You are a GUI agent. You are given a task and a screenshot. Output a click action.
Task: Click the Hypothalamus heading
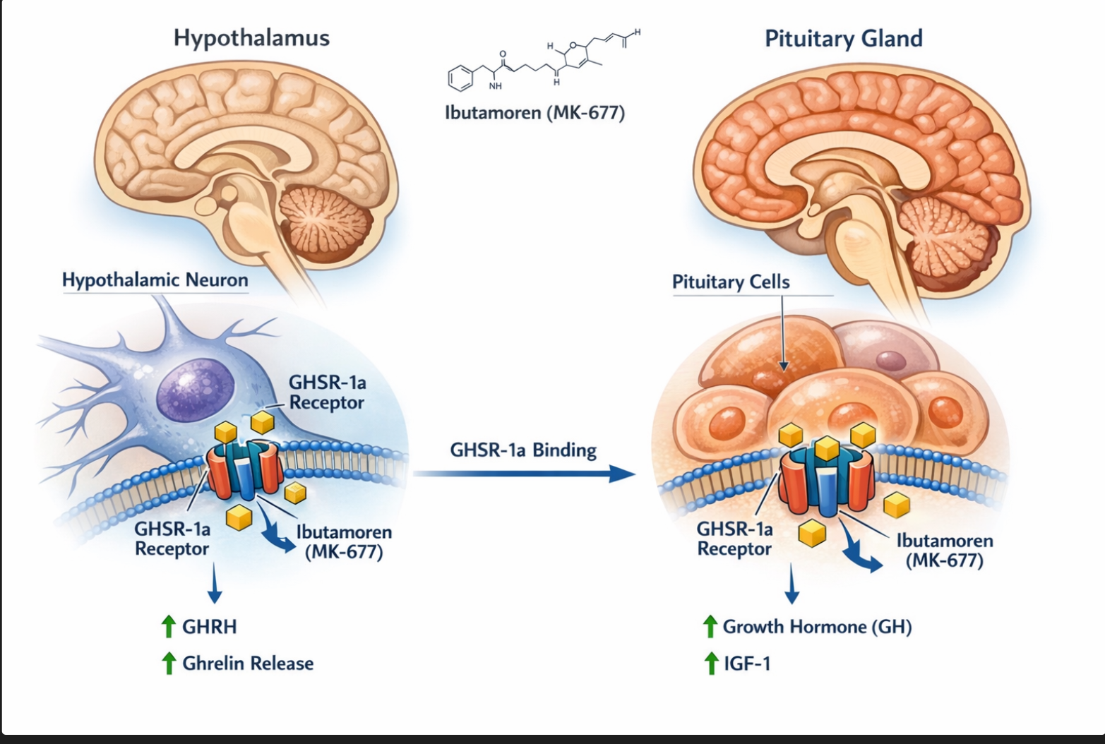point(251,37)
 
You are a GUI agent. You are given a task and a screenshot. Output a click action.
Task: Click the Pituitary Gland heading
point(843,38)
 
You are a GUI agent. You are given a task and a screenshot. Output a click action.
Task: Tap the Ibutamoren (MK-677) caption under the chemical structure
point(534,112)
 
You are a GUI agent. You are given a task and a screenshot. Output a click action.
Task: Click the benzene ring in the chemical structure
point(460,78)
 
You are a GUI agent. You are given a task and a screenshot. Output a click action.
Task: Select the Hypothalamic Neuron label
point(155,280)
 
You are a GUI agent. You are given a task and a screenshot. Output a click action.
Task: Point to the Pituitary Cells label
point(731,282)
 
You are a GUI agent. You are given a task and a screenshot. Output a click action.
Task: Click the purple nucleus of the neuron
point(195,388)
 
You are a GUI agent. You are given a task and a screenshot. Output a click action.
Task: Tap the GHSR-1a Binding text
point(523,450)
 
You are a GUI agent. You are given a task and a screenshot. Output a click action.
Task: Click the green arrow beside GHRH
point(168,626)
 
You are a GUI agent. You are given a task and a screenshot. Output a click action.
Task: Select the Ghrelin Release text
point(248,664)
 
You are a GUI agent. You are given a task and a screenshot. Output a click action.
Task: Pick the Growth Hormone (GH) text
point(817,627)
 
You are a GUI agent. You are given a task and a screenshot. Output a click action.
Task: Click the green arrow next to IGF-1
point(710,664)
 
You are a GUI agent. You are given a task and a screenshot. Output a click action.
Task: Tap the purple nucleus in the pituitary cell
point(891,362)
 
